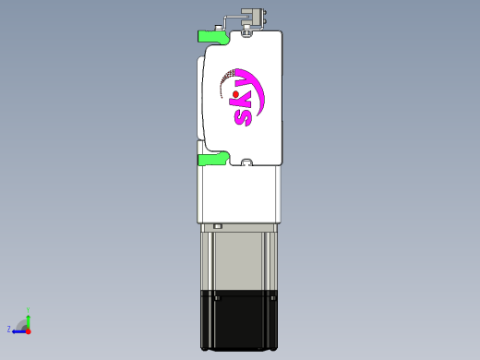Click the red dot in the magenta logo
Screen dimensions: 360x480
[x=236, y=93]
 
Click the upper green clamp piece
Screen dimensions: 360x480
[x=210, y=37]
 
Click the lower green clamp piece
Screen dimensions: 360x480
[x=211, y=160]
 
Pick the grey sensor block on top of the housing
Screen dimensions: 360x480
[x=253, y=16]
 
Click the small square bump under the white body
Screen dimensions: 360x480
[x=218, y=226]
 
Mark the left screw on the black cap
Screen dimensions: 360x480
[x=216, y=298]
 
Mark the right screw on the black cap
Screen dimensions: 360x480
[x=273, y=298]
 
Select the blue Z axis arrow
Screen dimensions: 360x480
[x=18, y=330]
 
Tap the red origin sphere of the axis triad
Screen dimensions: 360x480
[x=28, y=330]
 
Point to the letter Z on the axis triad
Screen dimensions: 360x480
[x=9, y=329]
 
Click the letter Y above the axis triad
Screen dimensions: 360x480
[x=29, y=309]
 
